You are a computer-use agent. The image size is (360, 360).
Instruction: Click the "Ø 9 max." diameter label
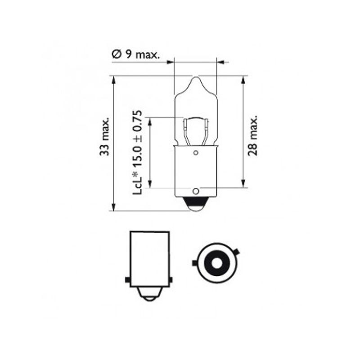[x=135, y=55]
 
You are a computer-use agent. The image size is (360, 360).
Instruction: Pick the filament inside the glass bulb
[x=195, y=128]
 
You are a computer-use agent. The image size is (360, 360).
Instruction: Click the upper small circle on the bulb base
[x=195, y=153]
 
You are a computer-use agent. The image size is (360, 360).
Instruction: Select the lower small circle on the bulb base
[x=195, y=191]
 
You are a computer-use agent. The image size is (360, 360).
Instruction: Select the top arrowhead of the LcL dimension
[x=151, y=121]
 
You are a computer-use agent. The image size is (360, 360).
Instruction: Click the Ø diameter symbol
[x=115, y=55]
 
